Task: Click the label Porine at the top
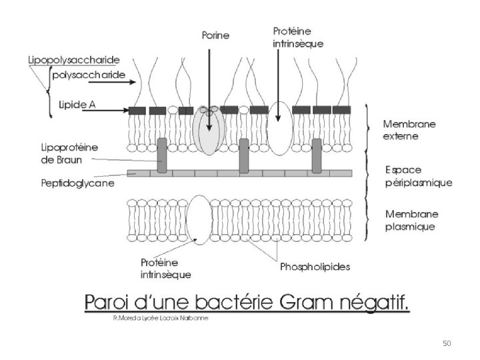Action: (215, 35)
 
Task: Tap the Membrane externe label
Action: (409, 130)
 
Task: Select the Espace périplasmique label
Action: (419, 176)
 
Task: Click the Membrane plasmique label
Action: (411, 220)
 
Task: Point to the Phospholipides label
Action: (315, 267)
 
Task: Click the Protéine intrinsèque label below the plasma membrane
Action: (165, 269)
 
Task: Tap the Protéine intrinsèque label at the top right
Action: (298, 37)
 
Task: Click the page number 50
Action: (447, 344)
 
